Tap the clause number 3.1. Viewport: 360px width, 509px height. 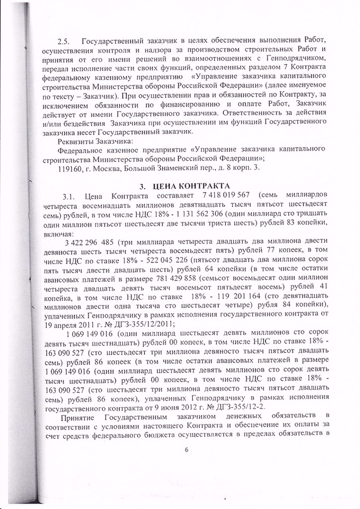72,195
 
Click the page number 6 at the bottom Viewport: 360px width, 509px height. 186,450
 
